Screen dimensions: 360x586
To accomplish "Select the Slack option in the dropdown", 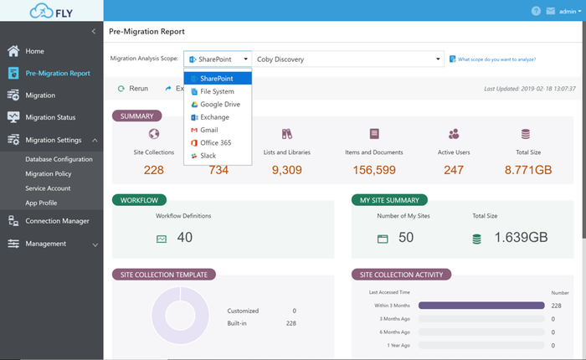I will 208,157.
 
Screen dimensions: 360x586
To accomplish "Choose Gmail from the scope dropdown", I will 209,131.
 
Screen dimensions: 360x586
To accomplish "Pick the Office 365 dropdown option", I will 215,144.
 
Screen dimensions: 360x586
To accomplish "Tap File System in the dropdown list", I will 216,91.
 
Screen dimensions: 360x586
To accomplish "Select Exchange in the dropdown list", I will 214,117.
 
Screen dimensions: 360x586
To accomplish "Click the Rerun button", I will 133,88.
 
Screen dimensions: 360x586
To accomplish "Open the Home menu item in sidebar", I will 34,51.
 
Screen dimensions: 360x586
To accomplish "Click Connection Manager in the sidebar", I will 57,221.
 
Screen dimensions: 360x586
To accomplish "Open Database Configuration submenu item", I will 59,159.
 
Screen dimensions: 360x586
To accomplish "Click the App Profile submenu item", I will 42,203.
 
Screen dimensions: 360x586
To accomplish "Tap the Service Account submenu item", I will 48,188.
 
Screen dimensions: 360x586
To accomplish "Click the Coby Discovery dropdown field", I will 348,59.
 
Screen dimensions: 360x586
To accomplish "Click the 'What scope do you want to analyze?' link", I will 496,59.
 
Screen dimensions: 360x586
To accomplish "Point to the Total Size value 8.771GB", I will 528,170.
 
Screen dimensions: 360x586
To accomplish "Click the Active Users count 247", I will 454,170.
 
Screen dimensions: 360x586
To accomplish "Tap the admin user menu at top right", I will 566,12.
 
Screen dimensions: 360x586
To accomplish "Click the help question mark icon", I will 536,12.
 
